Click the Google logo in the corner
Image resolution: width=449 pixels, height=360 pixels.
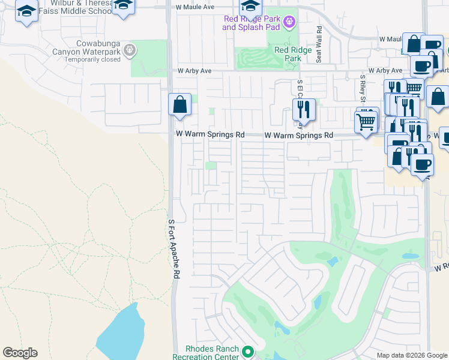click(20, 353)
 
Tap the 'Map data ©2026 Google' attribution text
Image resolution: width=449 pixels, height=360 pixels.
click(411, 355)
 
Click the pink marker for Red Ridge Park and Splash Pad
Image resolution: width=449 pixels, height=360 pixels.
click(289, 23)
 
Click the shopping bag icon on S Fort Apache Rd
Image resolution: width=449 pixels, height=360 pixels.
click(179, 106)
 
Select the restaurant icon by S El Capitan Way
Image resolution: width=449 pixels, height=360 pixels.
click(303, 110)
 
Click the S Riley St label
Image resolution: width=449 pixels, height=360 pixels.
click(363, 89)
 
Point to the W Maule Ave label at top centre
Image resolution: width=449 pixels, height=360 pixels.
click(195, 7)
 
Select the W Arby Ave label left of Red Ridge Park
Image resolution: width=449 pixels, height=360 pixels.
click(194, 71)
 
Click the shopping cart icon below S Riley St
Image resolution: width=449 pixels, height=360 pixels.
click(366, 122)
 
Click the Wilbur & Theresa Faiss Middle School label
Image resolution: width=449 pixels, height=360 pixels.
click(79, 7)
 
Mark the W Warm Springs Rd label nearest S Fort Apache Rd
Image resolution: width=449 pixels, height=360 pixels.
click(209, 135)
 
